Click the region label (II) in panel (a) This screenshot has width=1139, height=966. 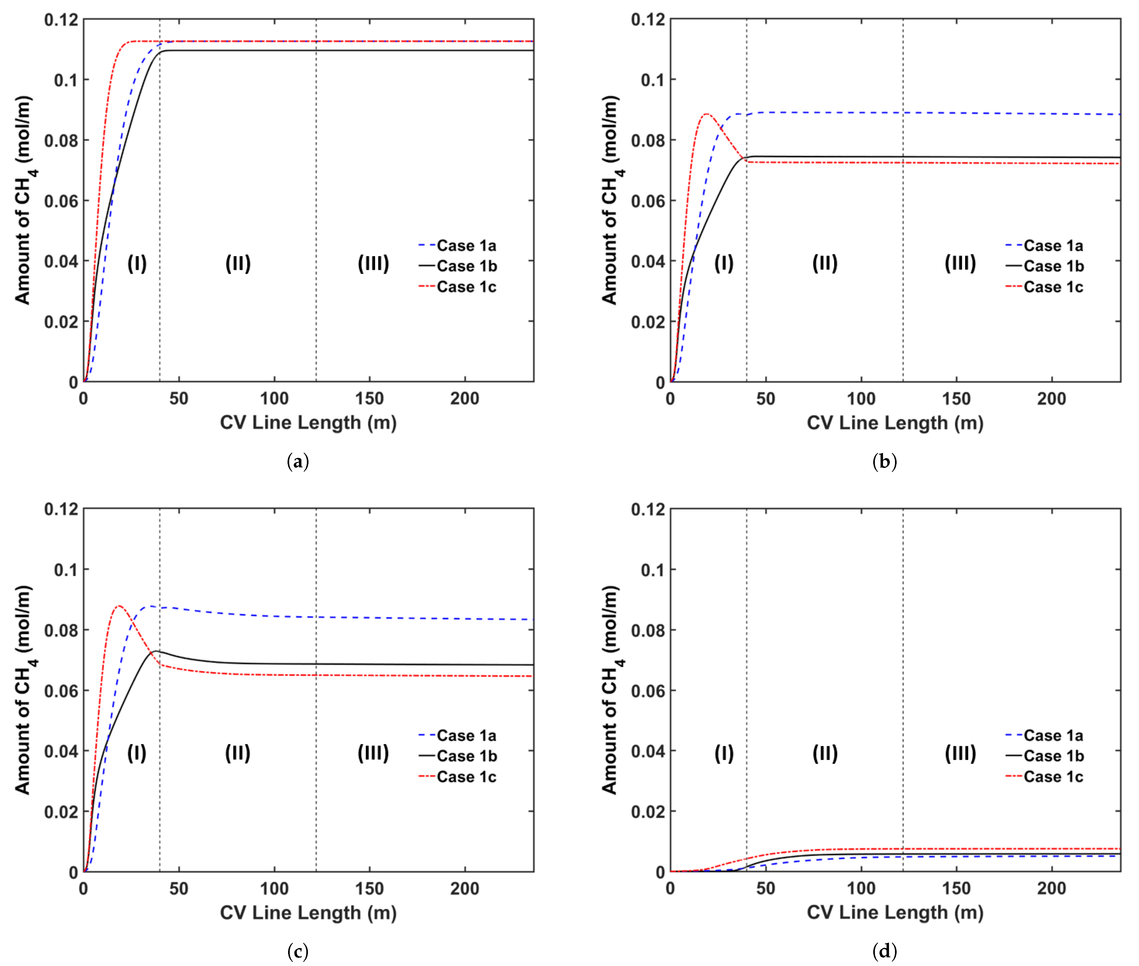click(238, 263)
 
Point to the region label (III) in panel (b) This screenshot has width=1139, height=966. click(960, 263)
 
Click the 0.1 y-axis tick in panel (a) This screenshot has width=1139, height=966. click(66, 80)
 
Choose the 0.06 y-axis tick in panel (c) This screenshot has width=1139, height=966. click(61, 691)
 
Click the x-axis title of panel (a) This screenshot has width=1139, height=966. click(308, 423)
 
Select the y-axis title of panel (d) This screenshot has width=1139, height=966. click(610, 690)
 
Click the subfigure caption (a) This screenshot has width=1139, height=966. click(298, 462)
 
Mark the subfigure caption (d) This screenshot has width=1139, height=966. click(884, 951)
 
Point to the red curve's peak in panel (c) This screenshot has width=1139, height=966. click(119, 606)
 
